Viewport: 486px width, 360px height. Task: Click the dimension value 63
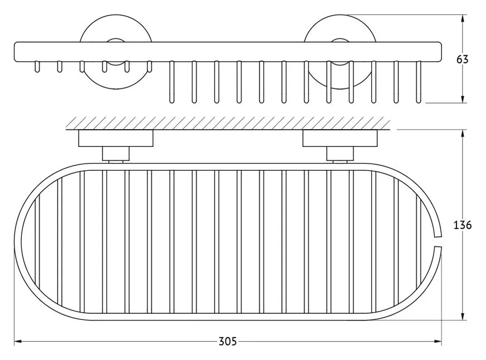click(462, 59)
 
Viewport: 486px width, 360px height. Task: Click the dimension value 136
click(463, 225)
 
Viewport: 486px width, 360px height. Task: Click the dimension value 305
click(228, 342)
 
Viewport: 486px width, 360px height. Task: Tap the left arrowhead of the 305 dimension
click(18, 342)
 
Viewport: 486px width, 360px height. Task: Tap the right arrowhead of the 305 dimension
click(438, 342)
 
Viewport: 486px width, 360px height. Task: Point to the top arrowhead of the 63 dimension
click(463, 18)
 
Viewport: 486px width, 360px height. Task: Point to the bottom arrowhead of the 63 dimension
click(463, 99)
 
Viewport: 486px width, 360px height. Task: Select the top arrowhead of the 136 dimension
click(463, 134)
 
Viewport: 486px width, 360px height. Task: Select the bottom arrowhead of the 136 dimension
click(463, 316)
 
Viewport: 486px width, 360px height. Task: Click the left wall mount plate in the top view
click(116, 138)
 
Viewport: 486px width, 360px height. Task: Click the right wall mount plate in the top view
click(340, 138)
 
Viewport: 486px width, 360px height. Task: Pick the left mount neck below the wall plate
click(116, 154)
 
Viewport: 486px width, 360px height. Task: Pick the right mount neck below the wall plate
click(340, 154)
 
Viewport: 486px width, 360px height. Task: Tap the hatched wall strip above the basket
click(228, 123)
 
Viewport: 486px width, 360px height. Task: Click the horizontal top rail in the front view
click(228, 51)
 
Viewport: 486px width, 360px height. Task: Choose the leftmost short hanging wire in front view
click(37, 67)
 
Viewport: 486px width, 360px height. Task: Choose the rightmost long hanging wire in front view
click(419, 82)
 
